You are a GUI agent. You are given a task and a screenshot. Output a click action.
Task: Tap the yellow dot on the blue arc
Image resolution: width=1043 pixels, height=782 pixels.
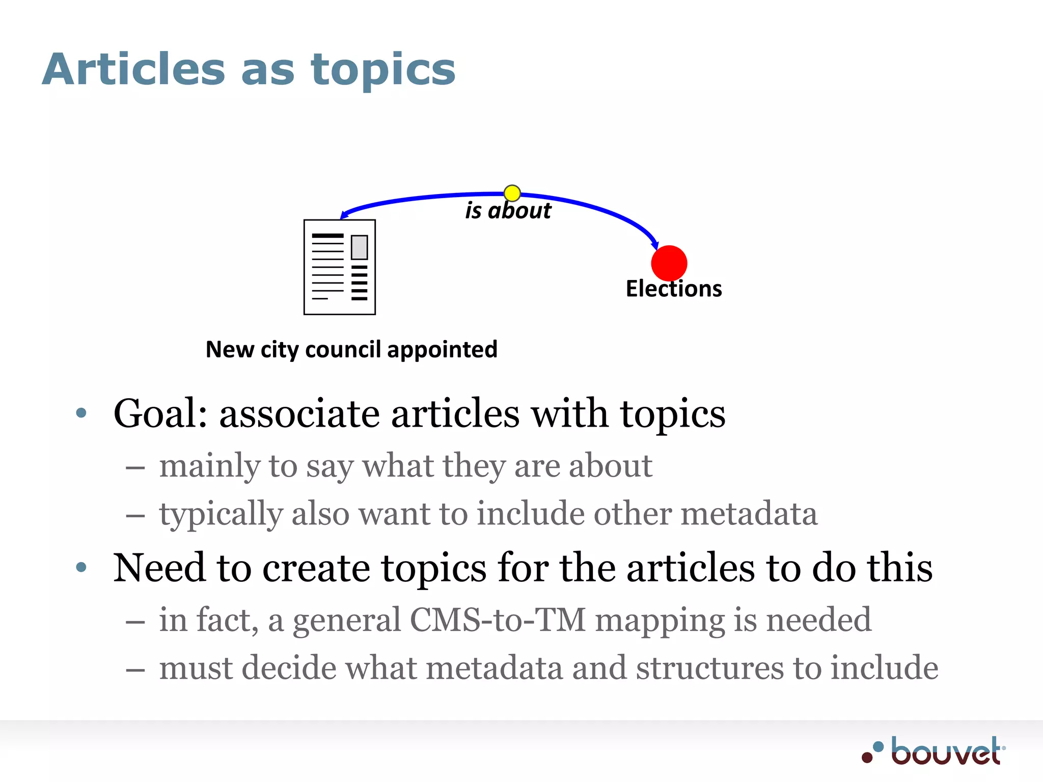pos(512,193)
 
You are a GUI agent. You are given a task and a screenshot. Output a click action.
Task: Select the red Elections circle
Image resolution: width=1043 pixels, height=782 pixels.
pos(669,263)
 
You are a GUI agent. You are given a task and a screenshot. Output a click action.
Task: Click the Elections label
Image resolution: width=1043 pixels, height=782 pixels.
pos(673,289)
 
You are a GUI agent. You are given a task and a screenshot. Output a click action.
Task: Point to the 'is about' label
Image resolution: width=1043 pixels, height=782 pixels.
pos(508,211)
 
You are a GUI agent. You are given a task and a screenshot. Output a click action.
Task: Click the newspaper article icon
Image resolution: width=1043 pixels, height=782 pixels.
pos(339,267)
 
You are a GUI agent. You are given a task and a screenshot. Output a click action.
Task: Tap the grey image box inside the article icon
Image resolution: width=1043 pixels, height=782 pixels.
pos(359,247)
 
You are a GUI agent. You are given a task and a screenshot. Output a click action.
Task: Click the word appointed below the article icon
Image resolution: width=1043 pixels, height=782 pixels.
pos(442,350)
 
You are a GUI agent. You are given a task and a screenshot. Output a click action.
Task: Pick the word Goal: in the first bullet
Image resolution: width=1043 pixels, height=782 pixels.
pos(160,413)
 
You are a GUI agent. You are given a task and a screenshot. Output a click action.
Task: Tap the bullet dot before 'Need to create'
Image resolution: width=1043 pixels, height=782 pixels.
pos(81,567)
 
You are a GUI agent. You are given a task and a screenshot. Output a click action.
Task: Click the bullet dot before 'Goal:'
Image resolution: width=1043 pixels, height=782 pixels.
pos(81,412)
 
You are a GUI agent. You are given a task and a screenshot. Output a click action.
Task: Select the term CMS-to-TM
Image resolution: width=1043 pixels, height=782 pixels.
pos(498,620)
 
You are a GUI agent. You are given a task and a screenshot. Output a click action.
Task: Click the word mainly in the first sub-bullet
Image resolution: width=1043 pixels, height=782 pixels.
pos(209,466)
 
